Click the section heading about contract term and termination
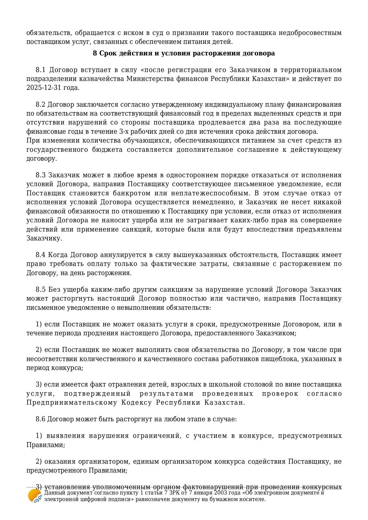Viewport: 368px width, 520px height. [x=184, y=53]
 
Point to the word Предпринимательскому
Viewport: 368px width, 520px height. [x=72, y=403]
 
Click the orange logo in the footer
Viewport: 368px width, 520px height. [x=34, y=496]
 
